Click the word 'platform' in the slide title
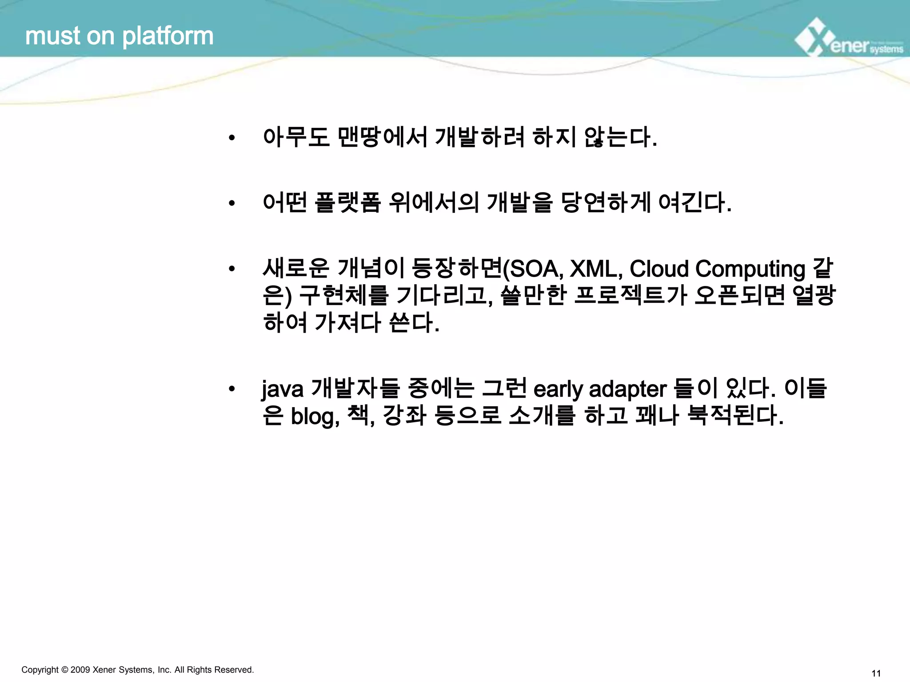click(168, 36)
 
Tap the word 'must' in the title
click(53, 36)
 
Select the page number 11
click(876, 674)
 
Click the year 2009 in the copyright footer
click(80, 670)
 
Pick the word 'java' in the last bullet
click(283, 390)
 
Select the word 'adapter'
click(628, 390)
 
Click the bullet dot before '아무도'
click(231, 138)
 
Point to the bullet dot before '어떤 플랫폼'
click(231, 204)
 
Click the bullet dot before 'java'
click(231, 389)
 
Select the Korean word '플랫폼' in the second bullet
click(347, 203)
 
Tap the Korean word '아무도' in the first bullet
click(296, 137)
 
